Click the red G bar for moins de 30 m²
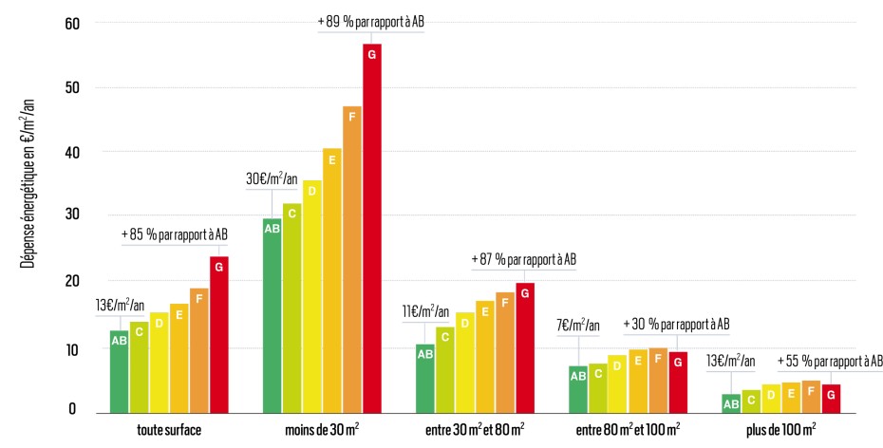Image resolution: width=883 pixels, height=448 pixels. [371, 228]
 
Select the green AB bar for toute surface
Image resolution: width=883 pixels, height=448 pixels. [119, 371]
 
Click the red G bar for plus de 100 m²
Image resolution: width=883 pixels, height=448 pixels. [830, 398]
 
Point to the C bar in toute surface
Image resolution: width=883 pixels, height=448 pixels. [139, 367]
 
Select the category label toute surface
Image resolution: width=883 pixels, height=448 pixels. [169, 430]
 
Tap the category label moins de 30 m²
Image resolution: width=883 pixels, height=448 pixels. [322, 430]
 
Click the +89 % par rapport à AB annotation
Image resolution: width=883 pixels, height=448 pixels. [370, 23]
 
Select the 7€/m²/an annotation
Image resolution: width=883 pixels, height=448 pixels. [577, 326]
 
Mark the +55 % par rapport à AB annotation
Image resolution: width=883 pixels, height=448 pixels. [830, 361]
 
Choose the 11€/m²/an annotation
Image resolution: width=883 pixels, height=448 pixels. [425, 310]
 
